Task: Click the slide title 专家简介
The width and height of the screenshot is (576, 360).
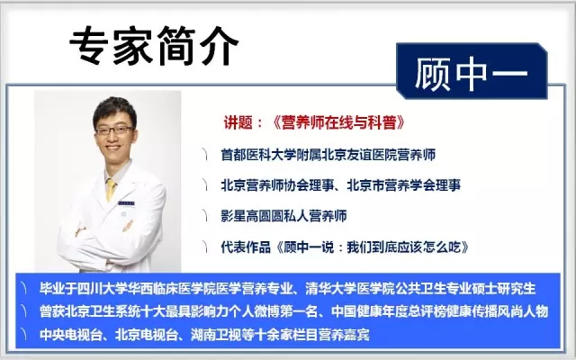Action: coord(154,46)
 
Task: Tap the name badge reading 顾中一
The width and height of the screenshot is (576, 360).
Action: coord(472,71)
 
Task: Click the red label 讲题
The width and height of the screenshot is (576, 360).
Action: coord(238,122)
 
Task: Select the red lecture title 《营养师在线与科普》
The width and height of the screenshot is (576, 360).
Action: coord(338,122)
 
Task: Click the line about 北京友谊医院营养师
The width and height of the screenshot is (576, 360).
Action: coord(328,155)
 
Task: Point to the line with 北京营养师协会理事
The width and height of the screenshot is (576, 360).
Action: coord(340,185)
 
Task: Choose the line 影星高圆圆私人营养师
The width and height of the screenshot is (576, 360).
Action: coord(283,216)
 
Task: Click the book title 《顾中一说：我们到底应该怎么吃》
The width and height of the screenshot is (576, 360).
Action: coord(372,247)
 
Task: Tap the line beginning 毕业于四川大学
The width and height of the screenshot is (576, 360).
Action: coord(287,289)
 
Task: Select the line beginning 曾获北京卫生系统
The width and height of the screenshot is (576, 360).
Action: coord(293,311)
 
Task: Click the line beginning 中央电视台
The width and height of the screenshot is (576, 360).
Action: coord(204,335)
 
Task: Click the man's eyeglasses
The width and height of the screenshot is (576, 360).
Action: coord(114,130)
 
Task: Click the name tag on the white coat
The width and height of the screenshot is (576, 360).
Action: coord(126,203)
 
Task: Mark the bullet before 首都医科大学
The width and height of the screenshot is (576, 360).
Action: coord(204,155)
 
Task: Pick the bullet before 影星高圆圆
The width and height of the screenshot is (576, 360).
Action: coord(204,216)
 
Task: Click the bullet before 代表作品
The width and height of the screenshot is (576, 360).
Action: coord(204,247)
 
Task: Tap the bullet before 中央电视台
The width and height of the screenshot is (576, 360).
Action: coord(24,335)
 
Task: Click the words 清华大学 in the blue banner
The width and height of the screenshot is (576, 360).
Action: coord(330,289)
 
